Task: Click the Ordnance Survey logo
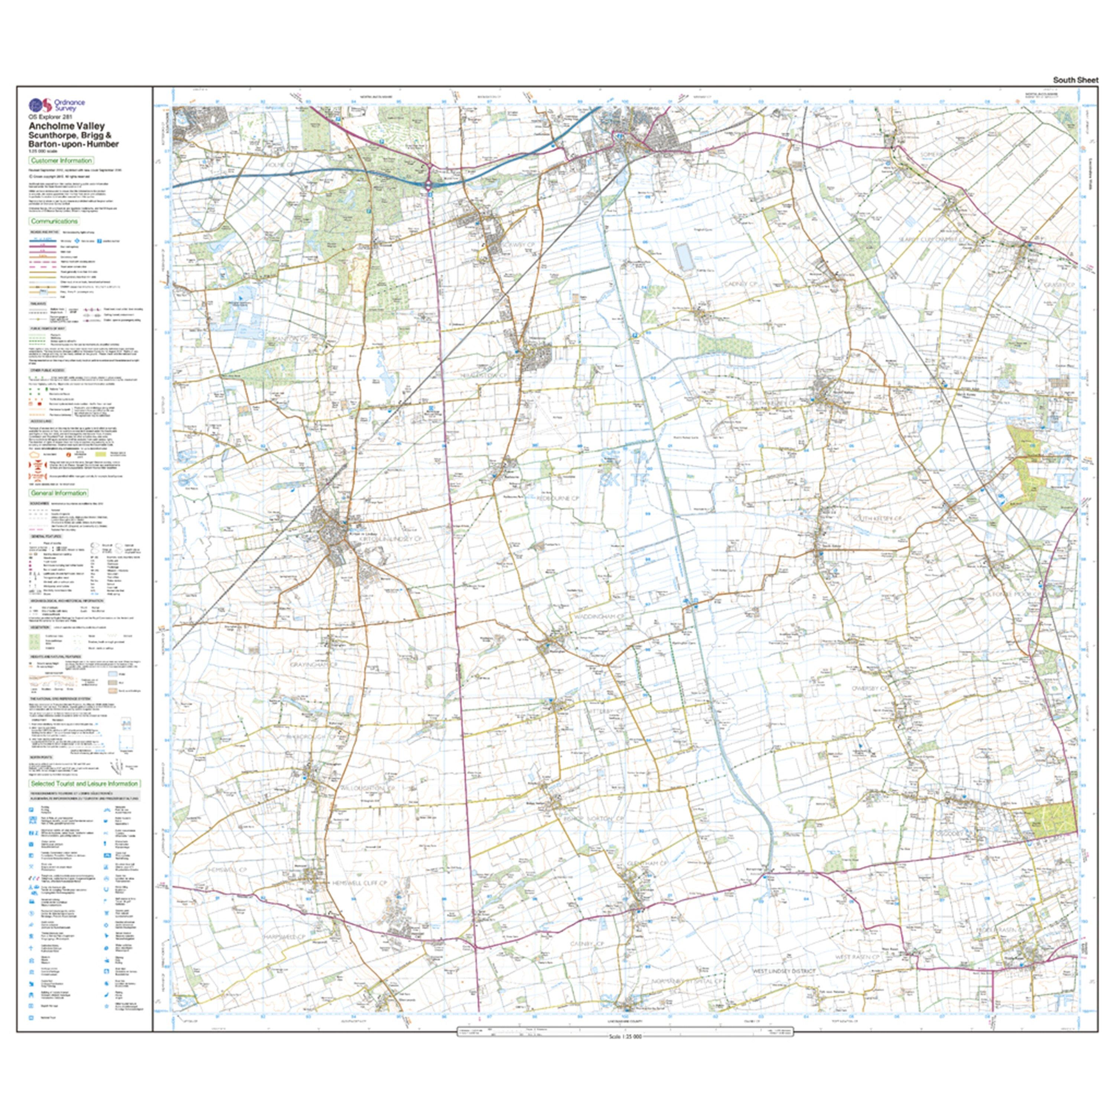(x=56, y=105)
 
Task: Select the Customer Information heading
(x=61, y=160)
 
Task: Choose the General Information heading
(x=59, y=493)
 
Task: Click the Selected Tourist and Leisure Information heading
(x=84, y=784)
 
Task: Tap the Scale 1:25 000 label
(x=625, y=1037)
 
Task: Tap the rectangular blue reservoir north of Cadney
(x=684, y=257)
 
